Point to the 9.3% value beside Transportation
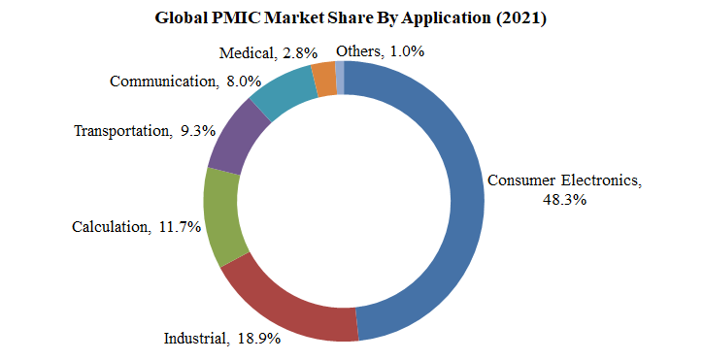coord(199,130)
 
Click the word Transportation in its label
coord(121,130)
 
